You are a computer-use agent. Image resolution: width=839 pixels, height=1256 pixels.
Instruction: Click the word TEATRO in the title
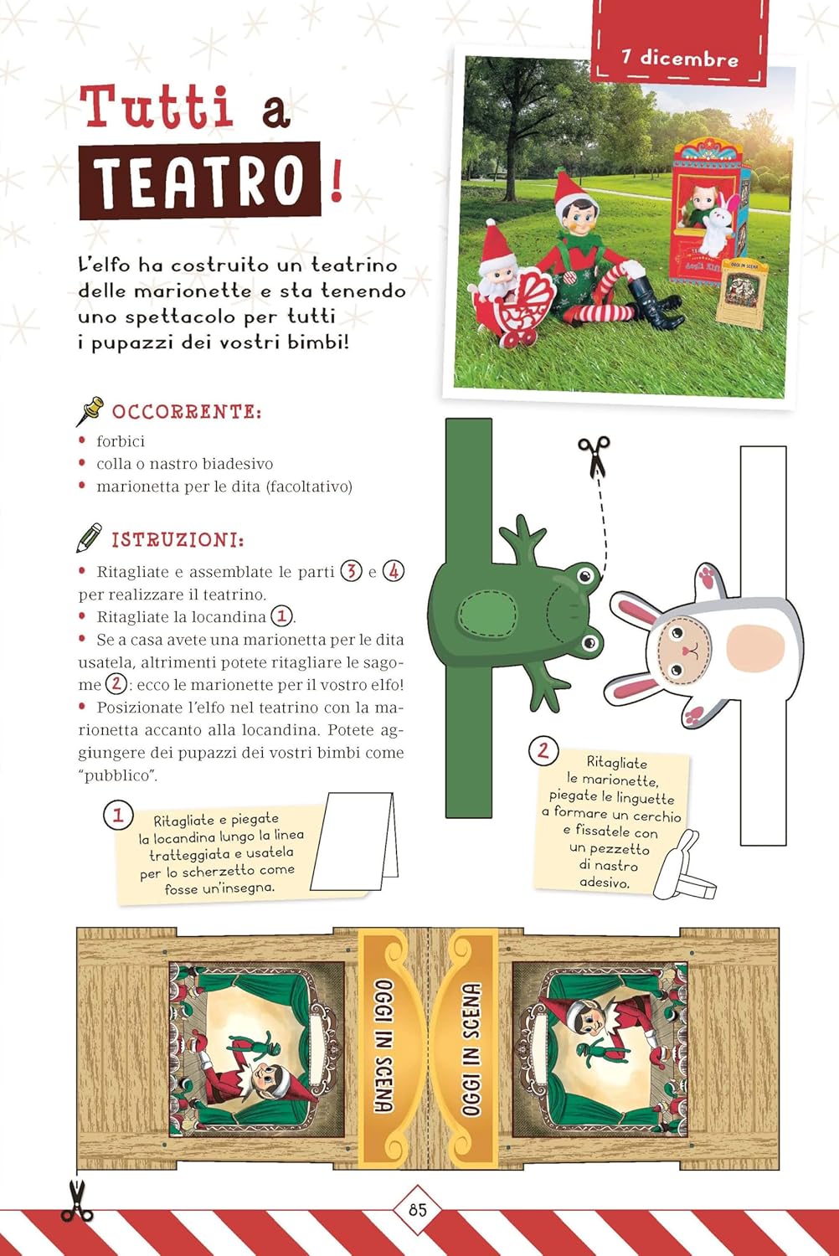click(199, 180)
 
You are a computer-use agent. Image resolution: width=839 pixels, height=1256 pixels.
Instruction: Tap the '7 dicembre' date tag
click(680, 58)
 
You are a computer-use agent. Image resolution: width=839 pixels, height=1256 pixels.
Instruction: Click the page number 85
click(418, 1209)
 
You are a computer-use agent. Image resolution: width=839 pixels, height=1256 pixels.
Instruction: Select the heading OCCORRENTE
click(187, 412)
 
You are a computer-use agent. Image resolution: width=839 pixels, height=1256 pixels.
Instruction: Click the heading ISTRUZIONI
click(178, 540)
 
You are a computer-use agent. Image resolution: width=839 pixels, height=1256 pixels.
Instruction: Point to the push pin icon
click(89, 410)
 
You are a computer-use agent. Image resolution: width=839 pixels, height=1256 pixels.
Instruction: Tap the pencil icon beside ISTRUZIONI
click(89, 538)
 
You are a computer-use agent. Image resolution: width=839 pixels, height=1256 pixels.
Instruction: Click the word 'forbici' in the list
click(121, 441)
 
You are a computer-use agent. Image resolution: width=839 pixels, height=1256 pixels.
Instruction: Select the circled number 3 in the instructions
click(351, 572)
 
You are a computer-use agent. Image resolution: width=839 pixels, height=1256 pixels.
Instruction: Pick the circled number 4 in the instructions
click(393, 572)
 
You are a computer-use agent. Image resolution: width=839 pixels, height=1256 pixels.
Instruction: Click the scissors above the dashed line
click(595, 456)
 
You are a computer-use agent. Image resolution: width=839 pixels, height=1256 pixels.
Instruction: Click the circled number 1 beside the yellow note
click(117, 815)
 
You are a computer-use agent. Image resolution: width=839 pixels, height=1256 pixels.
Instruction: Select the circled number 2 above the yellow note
click(543, 749)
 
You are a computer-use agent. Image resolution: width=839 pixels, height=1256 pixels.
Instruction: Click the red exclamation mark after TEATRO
click(337, 184)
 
